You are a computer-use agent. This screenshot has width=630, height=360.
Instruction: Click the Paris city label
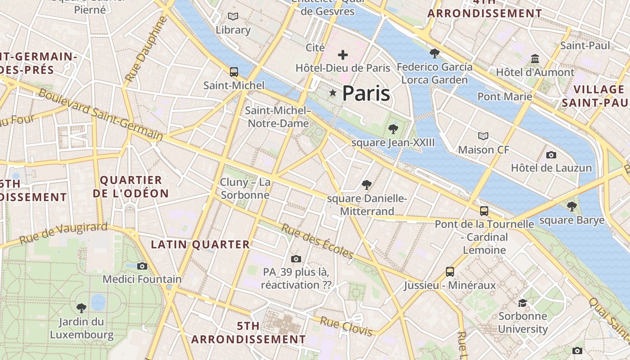366,93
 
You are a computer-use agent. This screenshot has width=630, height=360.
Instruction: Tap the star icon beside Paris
333,93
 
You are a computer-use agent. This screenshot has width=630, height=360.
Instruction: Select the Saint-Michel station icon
234,72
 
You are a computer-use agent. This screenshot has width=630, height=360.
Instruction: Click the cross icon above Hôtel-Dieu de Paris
343,55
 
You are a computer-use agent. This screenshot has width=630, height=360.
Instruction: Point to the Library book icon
233,17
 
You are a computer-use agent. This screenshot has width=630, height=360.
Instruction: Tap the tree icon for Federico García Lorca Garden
434,54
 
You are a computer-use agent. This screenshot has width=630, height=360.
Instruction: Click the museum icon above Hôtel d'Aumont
535,59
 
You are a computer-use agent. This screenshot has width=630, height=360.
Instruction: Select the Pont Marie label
504,96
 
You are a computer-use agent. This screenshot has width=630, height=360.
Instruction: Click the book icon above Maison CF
483,136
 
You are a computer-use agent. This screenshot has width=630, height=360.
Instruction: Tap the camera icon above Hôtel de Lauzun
551,155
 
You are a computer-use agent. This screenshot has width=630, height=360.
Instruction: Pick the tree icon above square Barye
571,207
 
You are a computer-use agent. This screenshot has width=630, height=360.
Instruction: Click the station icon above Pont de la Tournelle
484,211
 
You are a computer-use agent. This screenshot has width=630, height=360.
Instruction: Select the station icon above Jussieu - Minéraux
450,271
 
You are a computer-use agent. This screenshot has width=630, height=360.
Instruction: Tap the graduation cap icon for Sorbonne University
522,303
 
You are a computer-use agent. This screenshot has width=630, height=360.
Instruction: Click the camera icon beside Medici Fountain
142,266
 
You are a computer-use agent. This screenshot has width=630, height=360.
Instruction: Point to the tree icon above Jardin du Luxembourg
81,308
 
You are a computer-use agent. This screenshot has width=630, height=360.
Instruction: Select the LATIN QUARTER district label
200,244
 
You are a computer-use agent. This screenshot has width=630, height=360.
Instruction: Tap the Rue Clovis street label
346,326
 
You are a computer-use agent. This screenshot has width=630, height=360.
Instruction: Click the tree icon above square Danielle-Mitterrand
367,184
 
